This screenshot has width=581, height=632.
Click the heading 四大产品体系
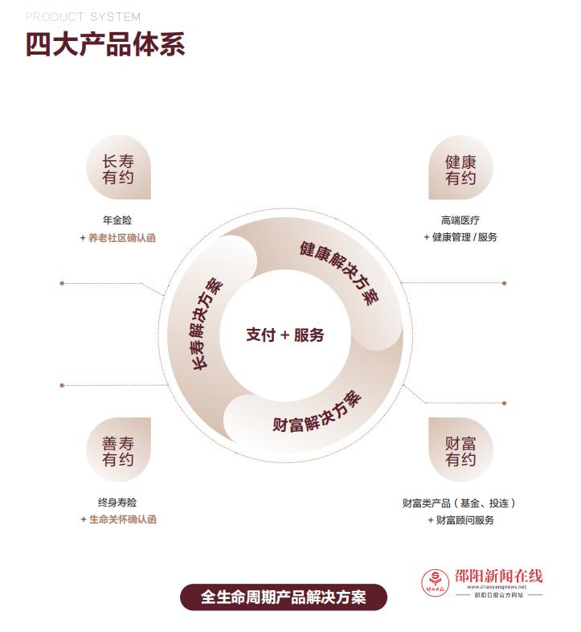pos(105,44)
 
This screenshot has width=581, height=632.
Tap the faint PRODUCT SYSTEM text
pos(83,17)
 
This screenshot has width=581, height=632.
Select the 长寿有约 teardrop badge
pos(118,167)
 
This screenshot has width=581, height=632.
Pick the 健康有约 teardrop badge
pos(460,167)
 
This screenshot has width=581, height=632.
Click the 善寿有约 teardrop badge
pos(118,449)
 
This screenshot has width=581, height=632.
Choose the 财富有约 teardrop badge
pos(460,449)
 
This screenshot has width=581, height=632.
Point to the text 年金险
pos(117,220)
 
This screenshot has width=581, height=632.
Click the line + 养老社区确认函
pos(117,238)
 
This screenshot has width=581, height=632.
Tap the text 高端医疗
pos(460,220)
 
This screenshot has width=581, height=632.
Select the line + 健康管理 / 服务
pos(460,237)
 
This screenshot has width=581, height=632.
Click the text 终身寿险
pos(117,503)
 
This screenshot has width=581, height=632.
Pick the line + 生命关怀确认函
pos(118,519)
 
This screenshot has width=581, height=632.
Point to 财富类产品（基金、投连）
pos(459,503)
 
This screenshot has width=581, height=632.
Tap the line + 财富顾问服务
pos(460,520)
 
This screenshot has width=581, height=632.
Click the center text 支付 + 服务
pos(285,335)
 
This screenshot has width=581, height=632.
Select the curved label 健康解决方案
pos(341,272)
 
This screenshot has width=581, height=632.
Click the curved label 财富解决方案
pos(317,413)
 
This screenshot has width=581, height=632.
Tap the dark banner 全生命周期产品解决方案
pos(284,597)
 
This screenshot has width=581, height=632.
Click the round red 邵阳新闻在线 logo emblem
pos(435,582)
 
